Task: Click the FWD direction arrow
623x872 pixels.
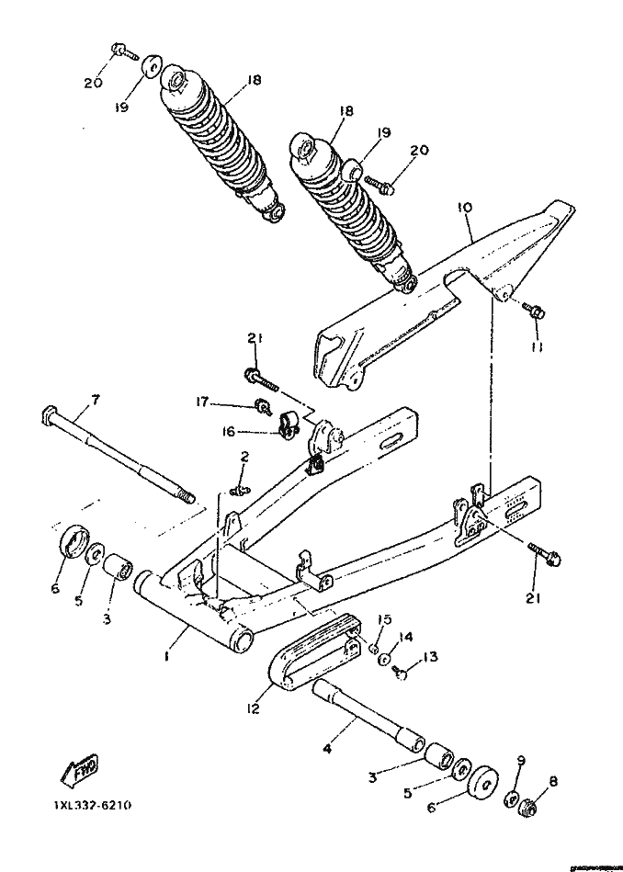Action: click(x=80, y=772)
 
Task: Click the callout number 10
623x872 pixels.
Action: click(x=465, y=209)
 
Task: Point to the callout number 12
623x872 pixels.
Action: click(x=253, y=709)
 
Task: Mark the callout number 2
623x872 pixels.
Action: click(x=244, y=457)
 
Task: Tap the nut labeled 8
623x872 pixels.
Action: click(x=528, y=810)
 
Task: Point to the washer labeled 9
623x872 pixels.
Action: click(x=512, y=798)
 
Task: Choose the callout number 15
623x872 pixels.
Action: click(x=385, y=618)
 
